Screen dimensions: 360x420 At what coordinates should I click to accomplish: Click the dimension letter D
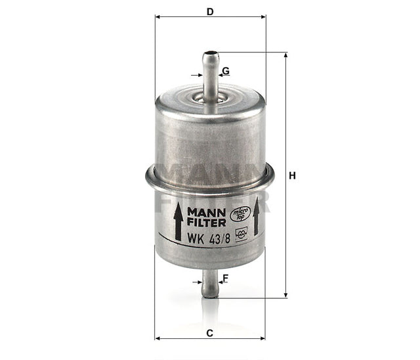(x=209, y=11)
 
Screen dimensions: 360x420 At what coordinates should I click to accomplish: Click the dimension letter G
(x=225, y=70)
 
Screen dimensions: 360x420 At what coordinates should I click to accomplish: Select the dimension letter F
(x=225, y=278)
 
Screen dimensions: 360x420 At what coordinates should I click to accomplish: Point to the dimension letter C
(x=209, y=333)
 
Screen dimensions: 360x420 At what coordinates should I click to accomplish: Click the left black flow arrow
(x=177, y=221)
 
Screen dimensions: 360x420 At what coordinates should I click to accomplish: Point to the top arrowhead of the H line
(x=285, y=56)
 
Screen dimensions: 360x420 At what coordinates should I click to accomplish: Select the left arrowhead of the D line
(x=157, y=17)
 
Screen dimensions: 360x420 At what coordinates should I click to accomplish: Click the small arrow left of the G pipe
(x=196, y=75)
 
